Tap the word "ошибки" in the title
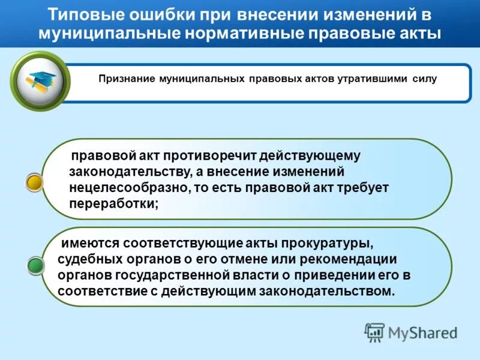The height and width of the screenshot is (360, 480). [146, 13]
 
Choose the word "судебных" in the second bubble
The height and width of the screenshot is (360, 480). [86, 259]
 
